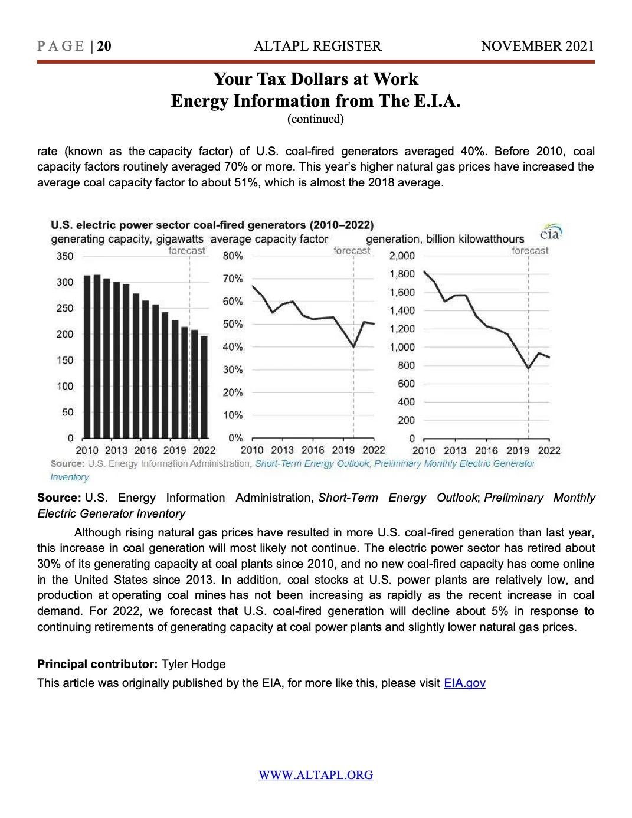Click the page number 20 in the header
tap(104, 46)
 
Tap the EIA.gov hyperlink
tap(464, 683)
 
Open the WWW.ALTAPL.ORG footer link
tap(316, 775)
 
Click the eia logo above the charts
tap(551, 233)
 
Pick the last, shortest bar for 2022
tap(204, 387)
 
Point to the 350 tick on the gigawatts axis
tap(65, 256)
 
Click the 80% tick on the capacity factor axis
tap(233, 256)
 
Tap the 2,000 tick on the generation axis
tap(402, 256)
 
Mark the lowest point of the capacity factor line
tap(353, 346)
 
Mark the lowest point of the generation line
tap(529, 368)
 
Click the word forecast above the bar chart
tap(186, 250)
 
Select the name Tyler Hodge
tap(194, 664)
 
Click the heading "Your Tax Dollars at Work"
tap(316, 79)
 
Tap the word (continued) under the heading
tap(316, 119)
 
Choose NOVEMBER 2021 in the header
tap(537, 46)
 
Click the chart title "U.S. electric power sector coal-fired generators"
tap(212, 225)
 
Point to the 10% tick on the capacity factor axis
tap(233, 415)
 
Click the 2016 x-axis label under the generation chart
tap(486, 450)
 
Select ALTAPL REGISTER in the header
tap(317, 46)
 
